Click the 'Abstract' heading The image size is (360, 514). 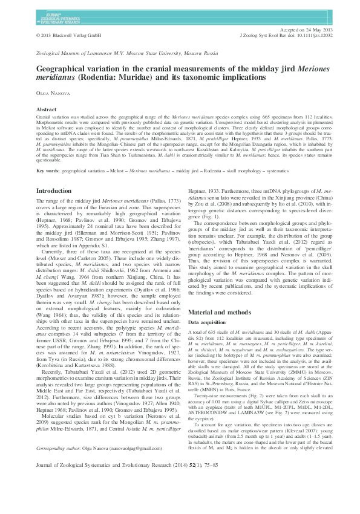tap(47, 109)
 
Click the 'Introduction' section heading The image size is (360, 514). tap(54, 190)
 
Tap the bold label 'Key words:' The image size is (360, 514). tap(48, 171)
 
